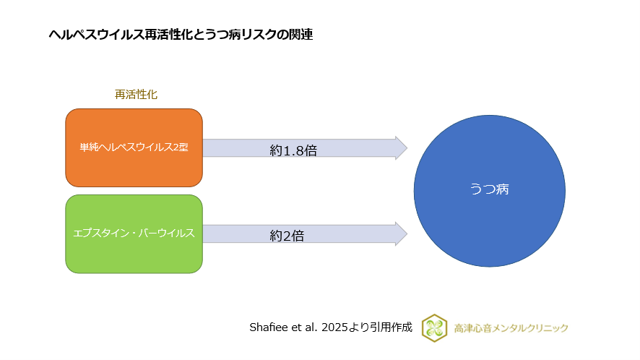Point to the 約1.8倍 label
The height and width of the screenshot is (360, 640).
pos(294,150)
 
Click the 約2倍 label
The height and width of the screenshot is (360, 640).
pos(287,236)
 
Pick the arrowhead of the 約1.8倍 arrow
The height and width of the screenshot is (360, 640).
pos(400,148)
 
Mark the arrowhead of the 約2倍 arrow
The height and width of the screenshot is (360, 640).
pos(400,233)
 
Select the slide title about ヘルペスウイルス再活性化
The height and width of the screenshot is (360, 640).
pos(181,34)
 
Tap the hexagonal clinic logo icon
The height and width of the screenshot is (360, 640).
pos(434,327)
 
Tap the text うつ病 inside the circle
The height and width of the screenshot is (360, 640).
pos(489,189)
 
